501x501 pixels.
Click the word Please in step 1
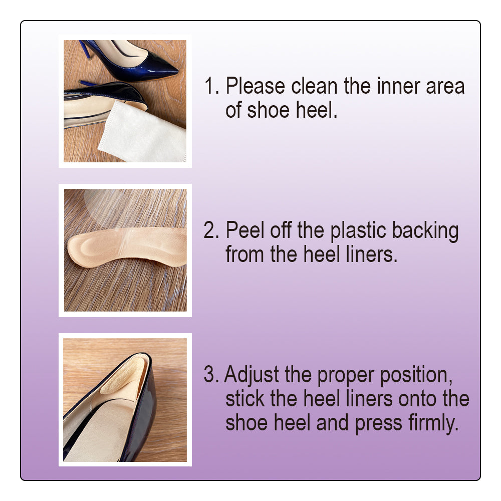pos(255,86)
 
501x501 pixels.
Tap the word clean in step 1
pos(314,86)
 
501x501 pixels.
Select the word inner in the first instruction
pos(398,86)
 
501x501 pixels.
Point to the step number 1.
pos(211,86)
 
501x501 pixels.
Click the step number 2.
pos(211,230)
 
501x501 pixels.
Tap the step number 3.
pos(211,374)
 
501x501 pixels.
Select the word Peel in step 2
pos(244,230)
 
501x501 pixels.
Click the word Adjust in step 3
pos(252,375)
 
